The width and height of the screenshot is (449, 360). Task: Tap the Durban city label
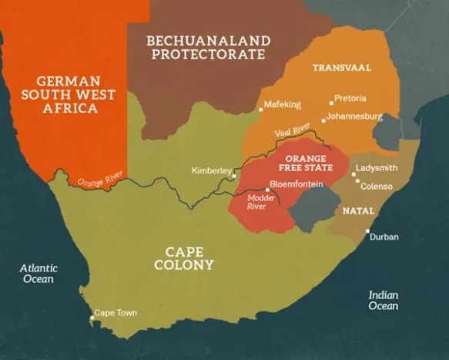tap(384, 237)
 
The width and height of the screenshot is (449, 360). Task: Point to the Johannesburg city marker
tap(323, 120)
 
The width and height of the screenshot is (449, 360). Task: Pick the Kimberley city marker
tap(234, 177)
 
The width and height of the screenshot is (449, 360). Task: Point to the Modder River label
tap(260, 202)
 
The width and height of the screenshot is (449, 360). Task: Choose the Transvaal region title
tap(341, 68)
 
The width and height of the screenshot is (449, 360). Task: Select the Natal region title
tap(358, 210)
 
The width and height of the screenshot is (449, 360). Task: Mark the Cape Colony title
tap(189, 257)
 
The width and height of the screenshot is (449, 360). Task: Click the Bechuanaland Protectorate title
tap(208, 47)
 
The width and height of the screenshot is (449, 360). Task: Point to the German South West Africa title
tap(69, 94)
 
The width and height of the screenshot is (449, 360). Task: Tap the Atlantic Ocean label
tap(39, 273)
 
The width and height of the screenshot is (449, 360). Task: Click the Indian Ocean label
tap(383, 300)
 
